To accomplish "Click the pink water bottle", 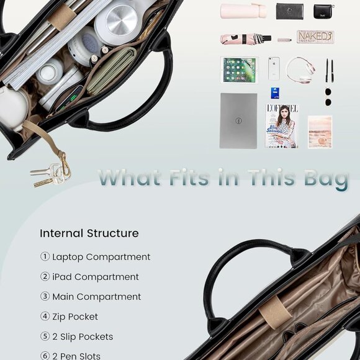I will (243, 11).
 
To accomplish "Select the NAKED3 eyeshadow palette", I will (315, 37).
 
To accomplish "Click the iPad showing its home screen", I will (239, 70).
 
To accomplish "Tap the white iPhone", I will (274, 68).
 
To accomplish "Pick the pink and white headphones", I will (300, 69).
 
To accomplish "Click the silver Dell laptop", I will (238, 120).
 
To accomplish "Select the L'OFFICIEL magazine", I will (282, 125).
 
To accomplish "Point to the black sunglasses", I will (328, 96).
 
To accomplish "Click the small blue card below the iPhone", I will (274, 93).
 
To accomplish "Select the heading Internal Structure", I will (89, 233).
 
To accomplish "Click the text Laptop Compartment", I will (101, 257).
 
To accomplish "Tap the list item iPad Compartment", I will (96, 277).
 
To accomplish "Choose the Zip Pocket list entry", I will (75, 317).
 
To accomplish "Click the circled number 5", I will (45, 336).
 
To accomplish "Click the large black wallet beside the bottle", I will (289, 11).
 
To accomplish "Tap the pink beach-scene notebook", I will (320, 131).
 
